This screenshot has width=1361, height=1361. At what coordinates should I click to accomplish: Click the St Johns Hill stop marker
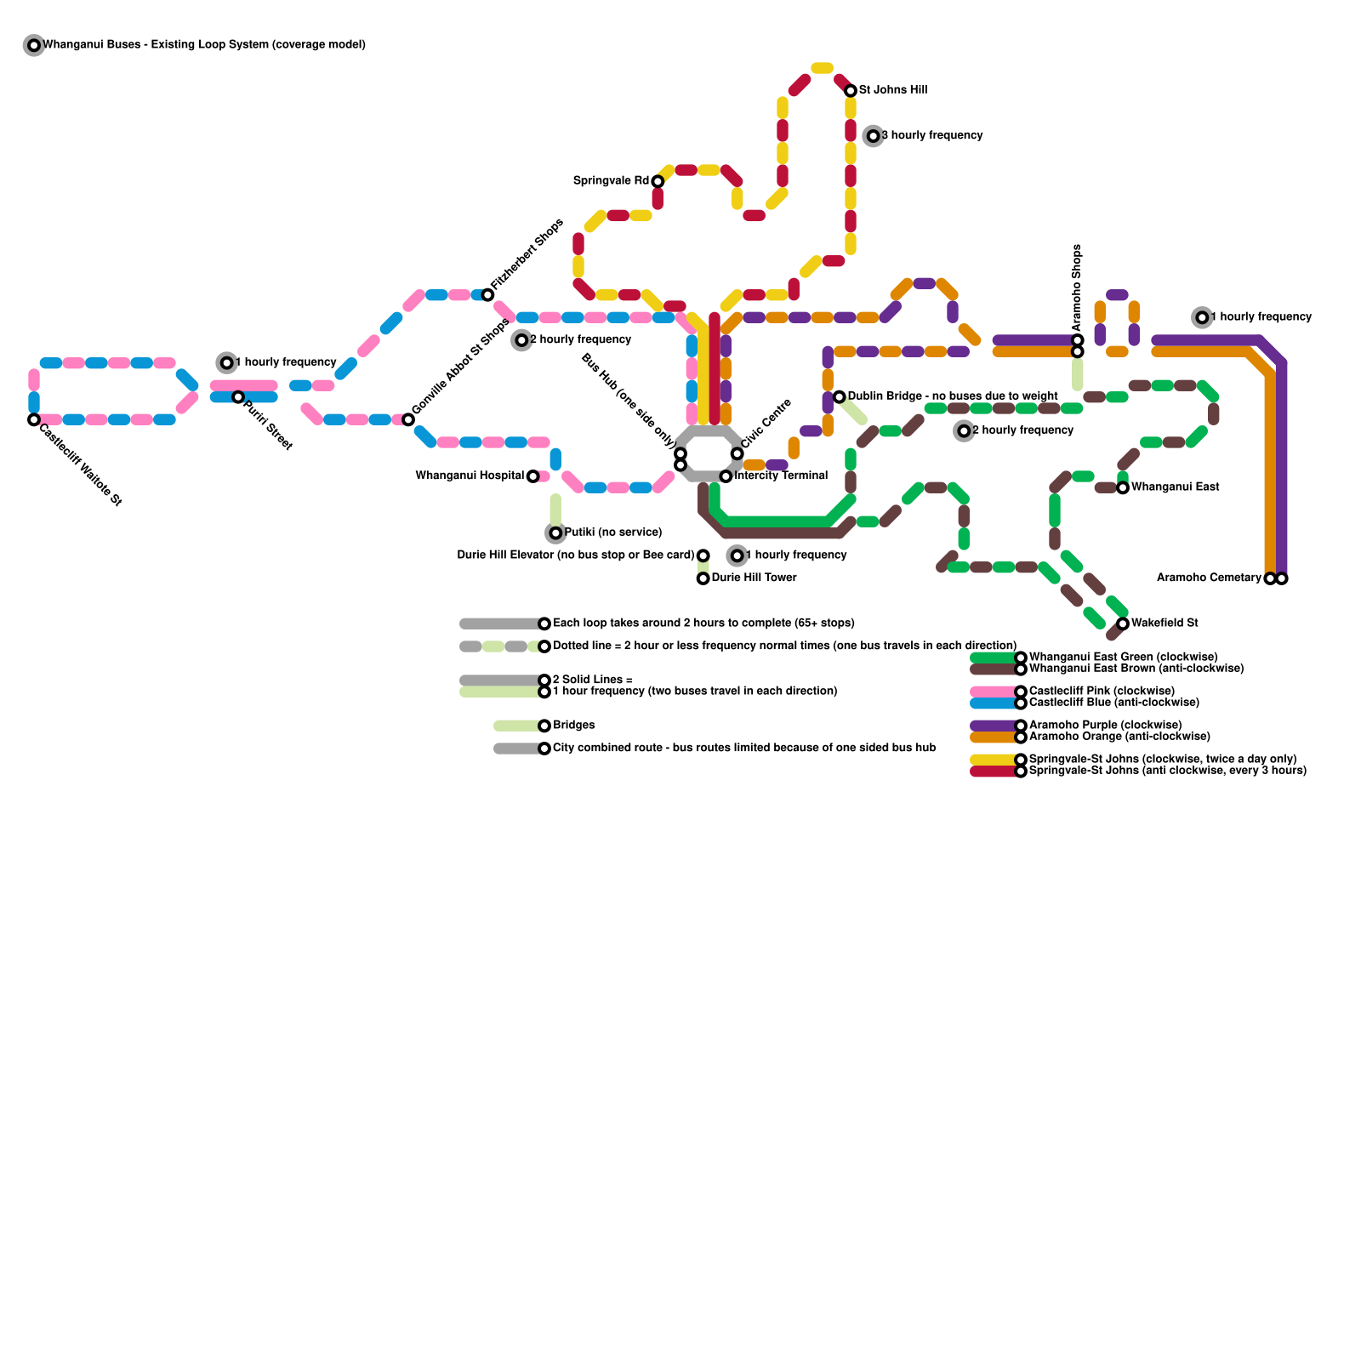pyautogui.click(x=851, y=90)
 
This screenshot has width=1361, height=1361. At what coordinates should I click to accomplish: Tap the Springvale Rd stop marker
pyautogui.click(x=658, y=181)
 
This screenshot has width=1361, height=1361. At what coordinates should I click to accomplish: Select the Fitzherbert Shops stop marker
pyautogui.click(x=487, y=294)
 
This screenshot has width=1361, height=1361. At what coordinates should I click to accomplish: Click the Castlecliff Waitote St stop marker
pyautogui.click(x=34, y=419)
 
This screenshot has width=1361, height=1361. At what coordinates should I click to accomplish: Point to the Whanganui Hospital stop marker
pyautogui.click(x=532, y=476)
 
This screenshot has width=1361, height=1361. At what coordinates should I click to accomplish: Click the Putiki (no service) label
pyautogui.click(x=612, y=532)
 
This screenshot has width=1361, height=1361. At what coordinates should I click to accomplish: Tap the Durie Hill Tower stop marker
pyautogui.click(x=703, y=578)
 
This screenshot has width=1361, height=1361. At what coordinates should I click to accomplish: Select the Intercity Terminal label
pyautogui.click(x=781, y=475)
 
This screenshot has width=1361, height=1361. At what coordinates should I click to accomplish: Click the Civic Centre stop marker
pyautogui.click(x=737, y=453)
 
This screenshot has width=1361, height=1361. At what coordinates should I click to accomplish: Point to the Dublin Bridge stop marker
pyautogui.click(x=839, y=396)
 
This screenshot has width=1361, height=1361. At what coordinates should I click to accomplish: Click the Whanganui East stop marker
pyautogui.click(x=1123, y=487)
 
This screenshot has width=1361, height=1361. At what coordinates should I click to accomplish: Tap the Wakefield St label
pyautogui.click(x=1165, y=623)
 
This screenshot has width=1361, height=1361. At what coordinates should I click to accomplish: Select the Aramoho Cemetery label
pyautogui.click(x=1209, y=578)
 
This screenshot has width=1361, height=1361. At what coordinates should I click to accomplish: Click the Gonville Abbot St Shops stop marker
pyautogui.click(x=408, y=419)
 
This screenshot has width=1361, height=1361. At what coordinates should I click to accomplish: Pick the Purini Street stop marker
pyautogui.click(x=238, y=396)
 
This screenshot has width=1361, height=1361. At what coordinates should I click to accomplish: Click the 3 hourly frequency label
pyautogui.click(x=931, y=135)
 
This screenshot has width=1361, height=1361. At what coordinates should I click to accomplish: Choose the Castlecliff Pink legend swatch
pyautogui.click(x=994, y=692)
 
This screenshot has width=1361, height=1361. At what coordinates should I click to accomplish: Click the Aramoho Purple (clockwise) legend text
pyautogui.click(x=1105, y=725)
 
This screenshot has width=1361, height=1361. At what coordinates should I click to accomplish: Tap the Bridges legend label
pyautogui.click(x=574, y=725)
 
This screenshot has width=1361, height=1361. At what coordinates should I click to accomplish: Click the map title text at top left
pyautogui.click(x=204, y=44)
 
